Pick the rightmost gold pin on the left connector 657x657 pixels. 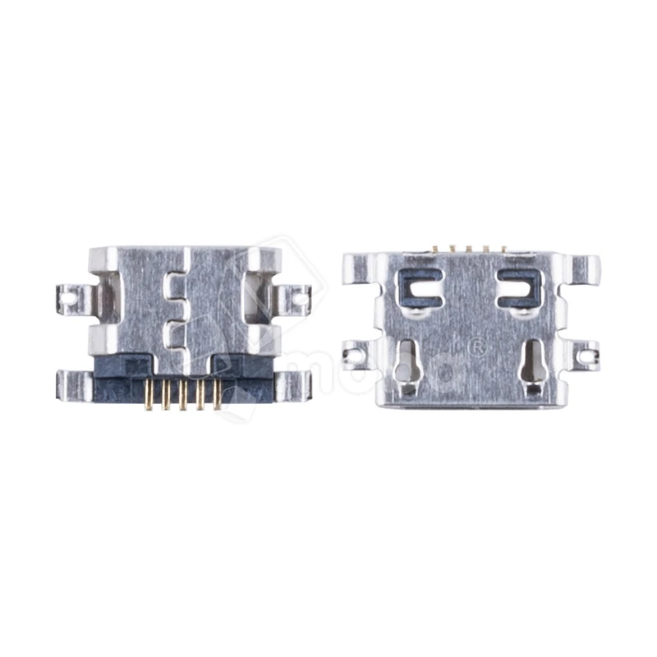[x=216, y=395]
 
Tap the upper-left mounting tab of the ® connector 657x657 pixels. [x=356, y=264]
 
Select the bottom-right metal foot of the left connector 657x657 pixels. [x=292, y=383]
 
